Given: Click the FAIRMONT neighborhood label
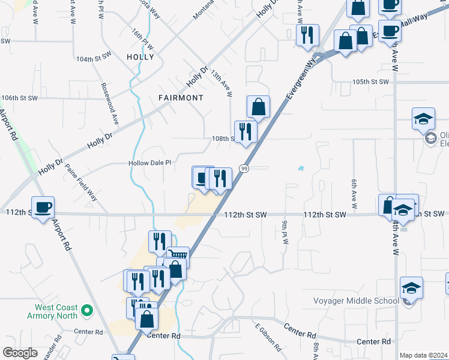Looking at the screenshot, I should coord(181,97).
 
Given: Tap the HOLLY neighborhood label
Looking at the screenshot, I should coord(140,58).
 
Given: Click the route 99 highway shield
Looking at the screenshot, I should coord(244,169).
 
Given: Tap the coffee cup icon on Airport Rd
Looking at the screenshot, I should coord(43,208).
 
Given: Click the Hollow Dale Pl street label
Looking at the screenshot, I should coord(150,163).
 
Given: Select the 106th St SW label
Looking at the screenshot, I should coord(19,98).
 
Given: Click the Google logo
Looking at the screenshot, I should coord(20,352).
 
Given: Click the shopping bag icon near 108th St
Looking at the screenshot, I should coord(258,107).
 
